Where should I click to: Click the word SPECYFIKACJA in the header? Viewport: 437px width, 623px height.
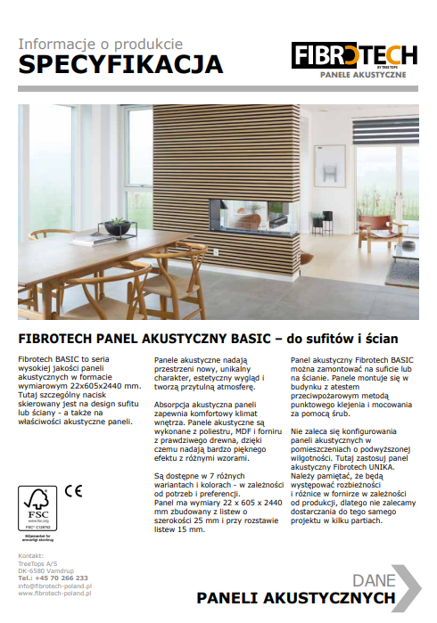pos(120,64)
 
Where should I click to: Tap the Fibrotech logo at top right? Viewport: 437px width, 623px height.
pos(355,55)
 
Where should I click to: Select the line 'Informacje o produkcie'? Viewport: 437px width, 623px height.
pos(101,43)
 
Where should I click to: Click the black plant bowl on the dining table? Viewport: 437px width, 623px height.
pos(117,228)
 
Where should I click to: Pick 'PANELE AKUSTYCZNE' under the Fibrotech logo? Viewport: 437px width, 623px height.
pos(367,74)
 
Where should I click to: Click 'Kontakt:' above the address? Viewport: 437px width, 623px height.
pos(30,556)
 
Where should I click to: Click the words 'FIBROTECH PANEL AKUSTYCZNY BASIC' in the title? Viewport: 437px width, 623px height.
pos(140,339)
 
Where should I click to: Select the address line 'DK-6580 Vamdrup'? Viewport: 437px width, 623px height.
pos(45,571)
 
